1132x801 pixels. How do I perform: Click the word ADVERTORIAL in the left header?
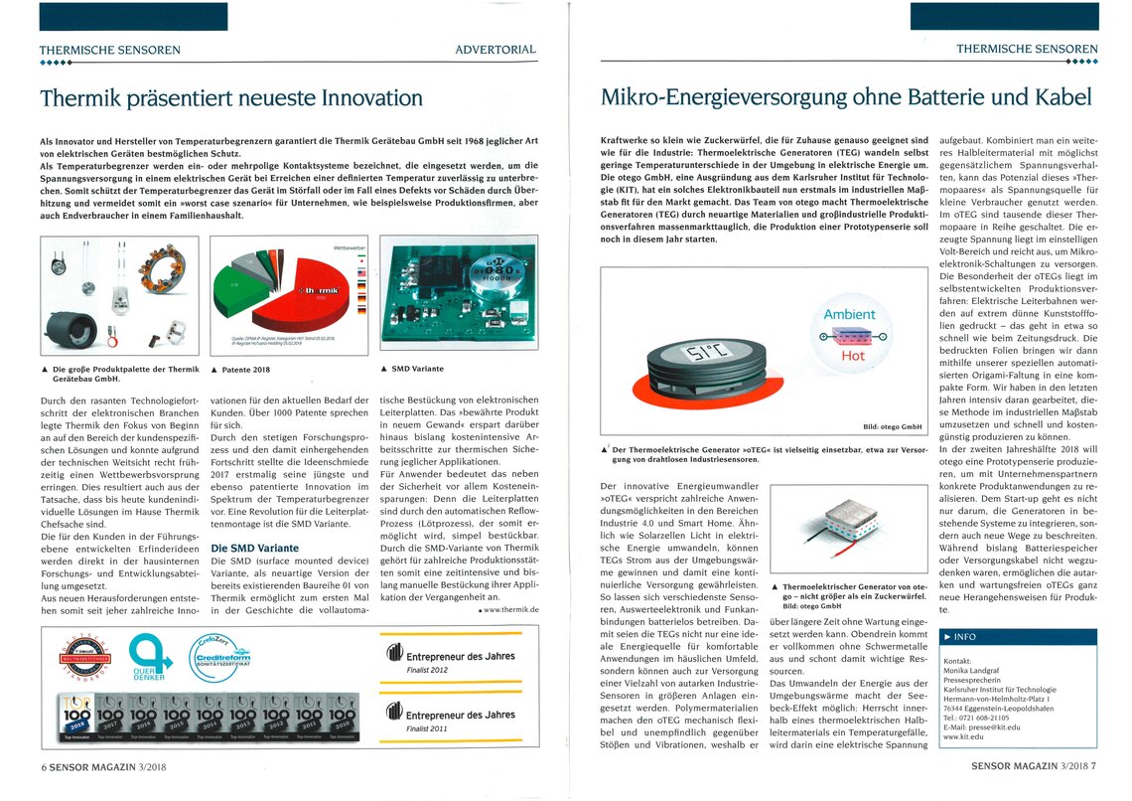(495, 49)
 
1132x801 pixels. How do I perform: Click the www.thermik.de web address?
(509, 608)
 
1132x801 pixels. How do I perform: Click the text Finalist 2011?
(429, 728)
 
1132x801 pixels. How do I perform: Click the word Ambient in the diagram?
(850, 314)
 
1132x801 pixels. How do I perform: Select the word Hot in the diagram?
(853, 355)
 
